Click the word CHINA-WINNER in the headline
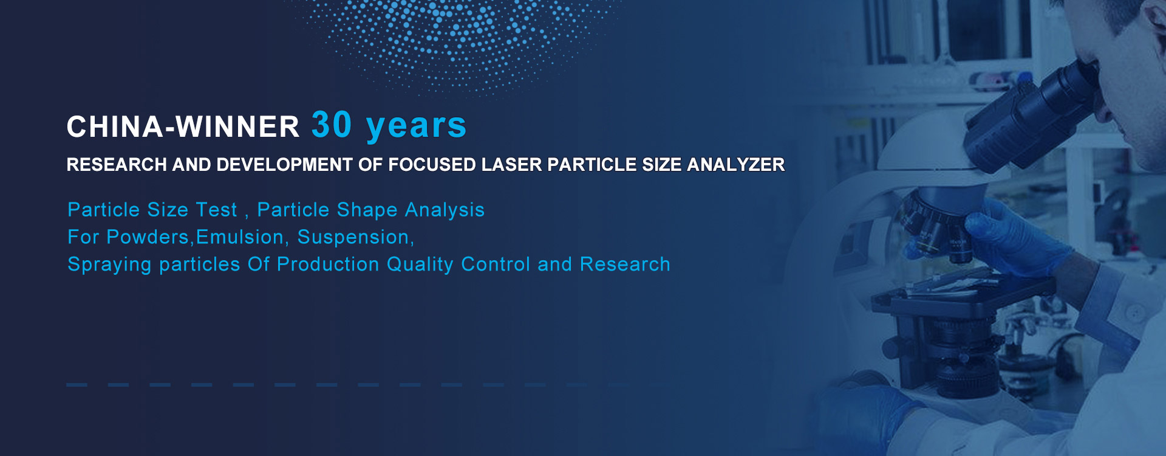[183, 127]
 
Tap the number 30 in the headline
[332, 125]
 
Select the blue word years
[416, 126]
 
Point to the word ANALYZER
[735, 165]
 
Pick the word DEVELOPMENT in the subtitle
[285, 165]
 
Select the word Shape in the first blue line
[367, 210]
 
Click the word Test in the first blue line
[216, 210]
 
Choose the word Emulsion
[240, 237]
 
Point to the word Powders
[148, 237]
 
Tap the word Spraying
[109, 265]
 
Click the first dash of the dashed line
[77, 385]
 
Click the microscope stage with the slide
[960, 292]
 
